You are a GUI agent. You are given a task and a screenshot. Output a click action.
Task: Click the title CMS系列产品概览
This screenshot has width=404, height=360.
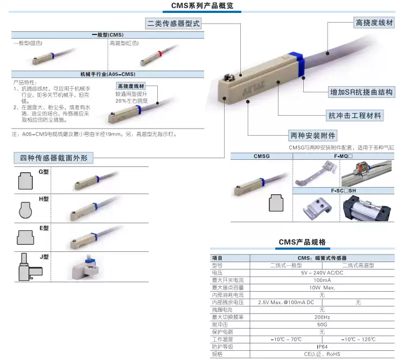[201, 6]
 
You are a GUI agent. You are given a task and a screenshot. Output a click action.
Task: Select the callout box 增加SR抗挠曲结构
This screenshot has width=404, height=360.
[362, 92]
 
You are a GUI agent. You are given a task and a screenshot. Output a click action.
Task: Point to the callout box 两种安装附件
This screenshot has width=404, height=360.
[312, 135]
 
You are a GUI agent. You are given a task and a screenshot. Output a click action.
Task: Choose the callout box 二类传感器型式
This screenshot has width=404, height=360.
[173, 24]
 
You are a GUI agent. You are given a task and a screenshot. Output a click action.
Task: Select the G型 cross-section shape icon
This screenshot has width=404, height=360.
[25, 181]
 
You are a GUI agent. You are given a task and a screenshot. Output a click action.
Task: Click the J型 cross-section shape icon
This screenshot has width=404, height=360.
[26, 267]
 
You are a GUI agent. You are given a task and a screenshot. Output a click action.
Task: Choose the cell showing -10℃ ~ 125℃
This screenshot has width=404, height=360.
[358, 339]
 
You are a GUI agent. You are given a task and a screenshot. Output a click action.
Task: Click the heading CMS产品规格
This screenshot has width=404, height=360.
[302, 242]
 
